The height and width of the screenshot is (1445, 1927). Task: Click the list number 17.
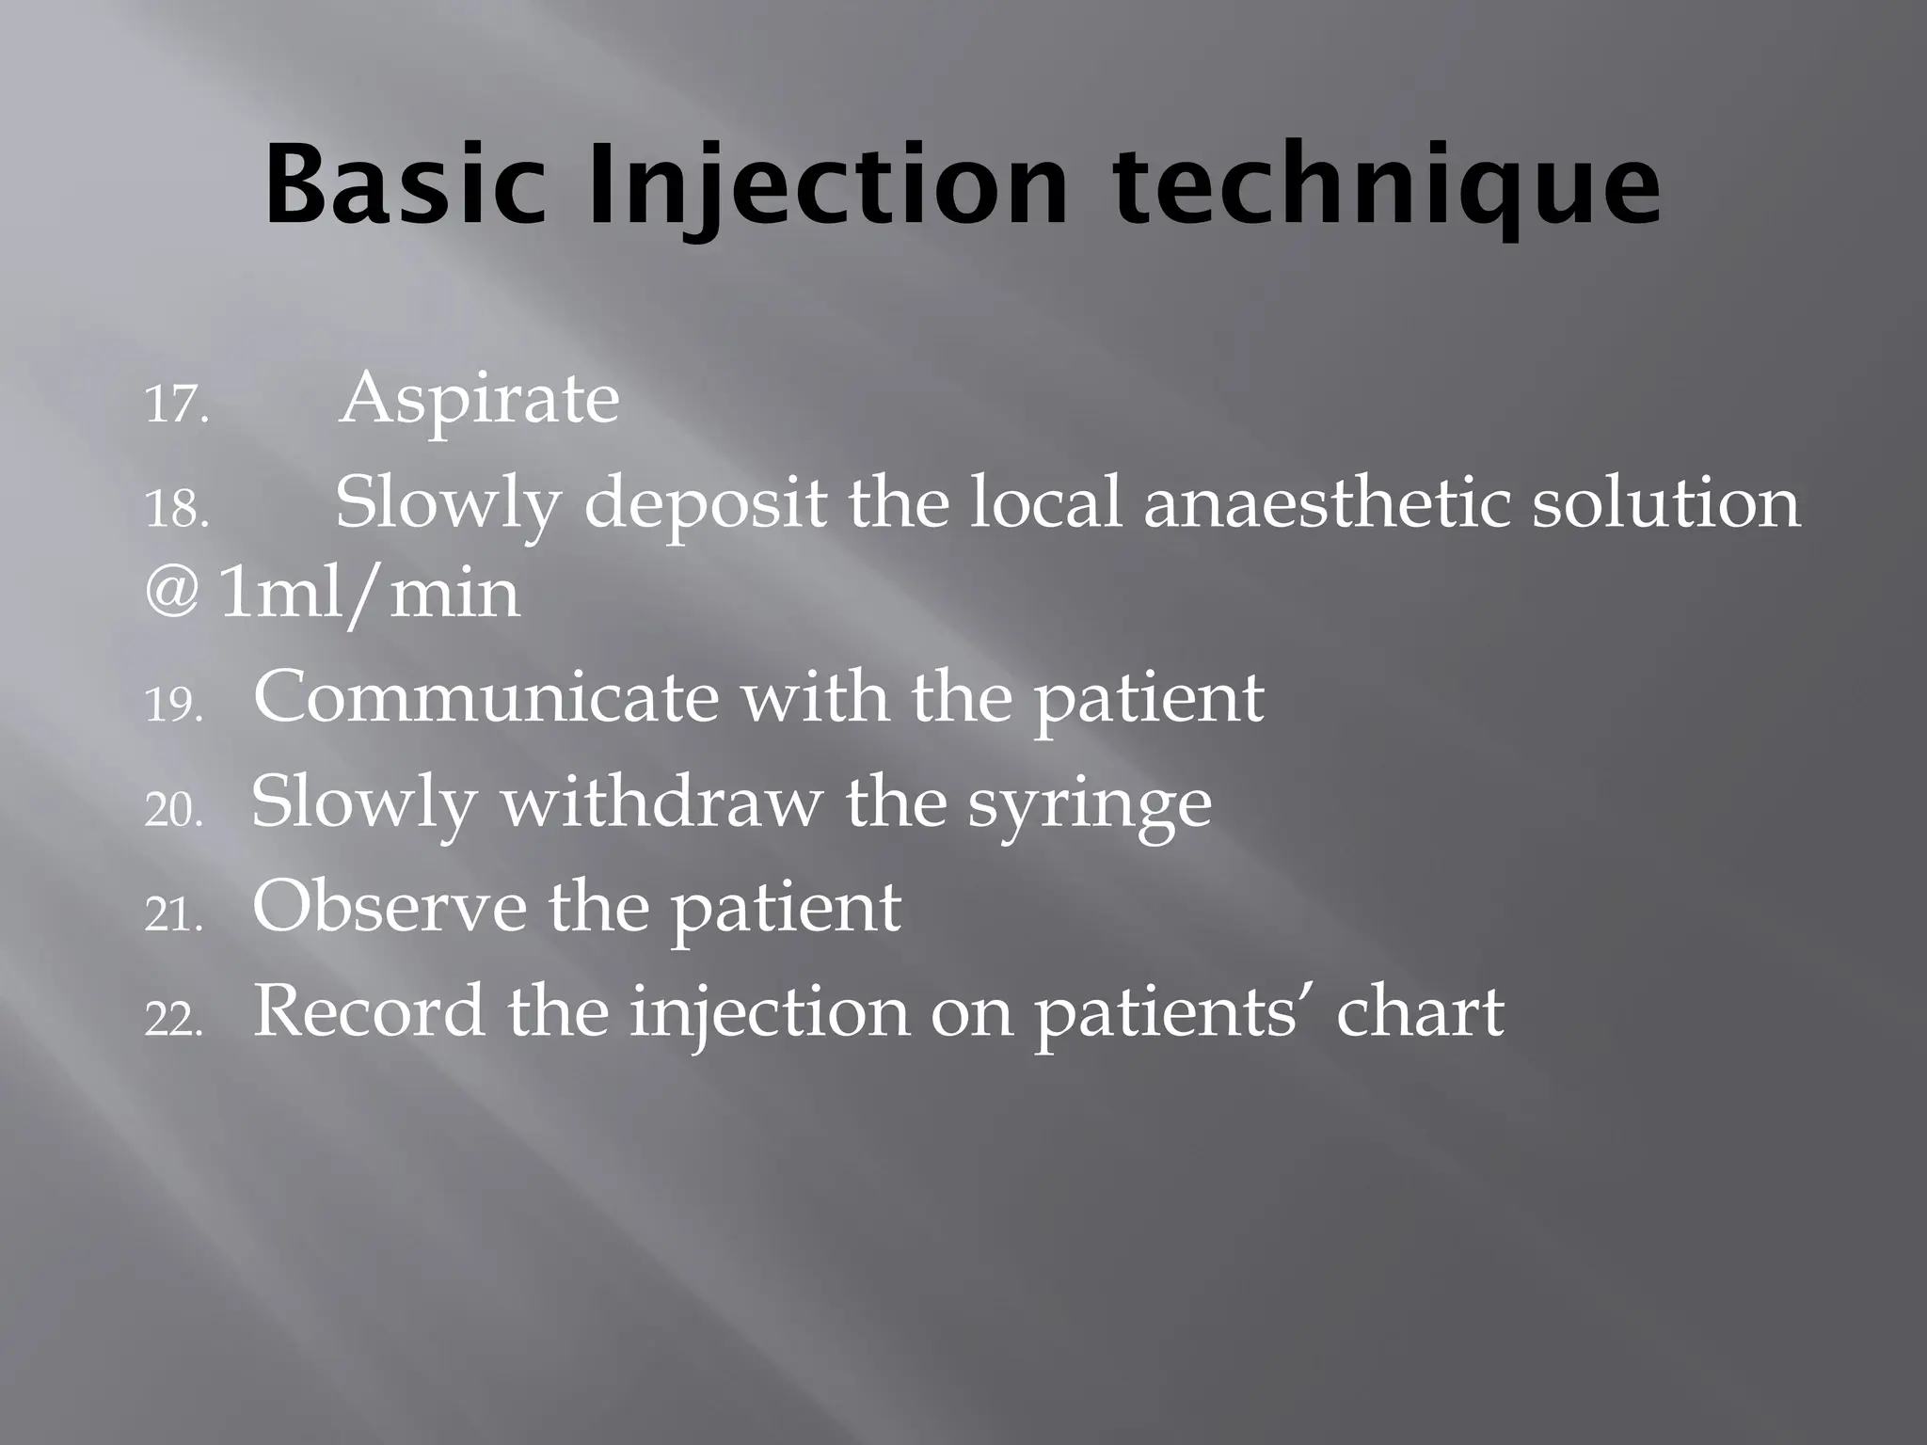[176, 405]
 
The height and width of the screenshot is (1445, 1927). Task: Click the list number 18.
[176, 511]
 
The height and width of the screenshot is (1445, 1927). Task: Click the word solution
[1665, 502]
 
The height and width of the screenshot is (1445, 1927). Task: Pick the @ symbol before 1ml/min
[172, 593]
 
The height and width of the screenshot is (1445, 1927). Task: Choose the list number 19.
[175, 705]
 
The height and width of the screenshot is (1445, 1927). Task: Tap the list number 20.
[175, 810]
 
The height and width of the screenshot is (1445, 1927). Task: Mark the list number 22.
[175, 1019]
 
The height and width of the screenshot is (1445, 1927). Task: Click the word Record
[370, 1012]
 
